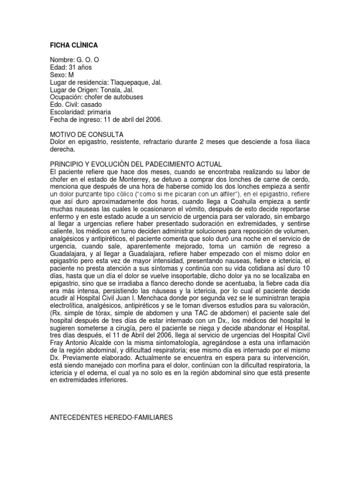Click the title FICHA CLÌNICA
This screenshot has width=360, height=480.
click(x=74, y=45)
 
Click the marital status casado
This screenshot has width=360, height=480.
click(x=91, y=105)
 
